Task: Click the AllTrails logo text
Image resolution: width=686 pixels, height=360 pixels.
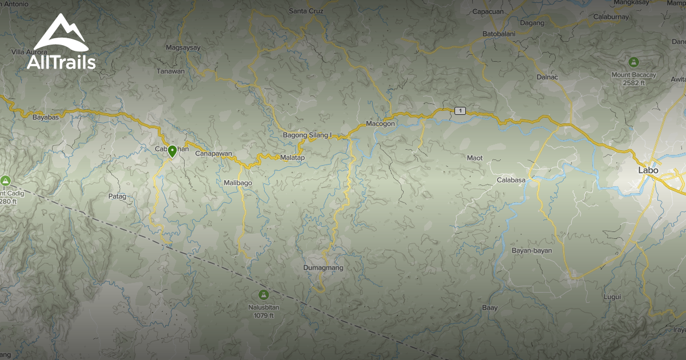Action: [x=61, y=62]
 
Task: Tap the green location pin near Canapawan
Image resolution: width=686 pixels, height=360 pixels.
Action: [x=172, y=151]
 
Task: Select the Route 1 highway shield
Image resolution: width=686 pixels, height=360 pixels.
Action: [x=460, y=110]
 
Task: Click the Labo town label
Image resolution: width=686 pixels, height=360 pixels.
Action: [x=648, y=170]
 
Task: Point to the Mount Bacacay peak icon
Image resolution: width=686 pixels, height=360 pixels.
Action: [x=633, y=62]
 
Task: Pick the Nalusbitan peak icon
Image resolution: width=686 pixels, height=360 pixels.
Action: [x=263, y=295]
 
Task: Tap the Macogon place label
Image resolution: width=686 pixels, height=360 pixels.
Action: [x=380, y=123]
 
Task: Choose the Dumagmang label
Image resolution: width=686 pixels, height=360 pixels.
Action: [x=324, y=267]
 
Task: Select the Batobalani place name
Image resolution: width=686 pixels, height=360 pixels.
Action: [x=498, y=34]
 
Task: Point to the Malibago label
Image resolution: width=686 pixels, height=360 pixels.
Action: [x=238, y=183]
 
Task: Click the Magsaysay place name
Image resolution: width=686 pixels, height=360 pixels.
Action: [x=183, y=48]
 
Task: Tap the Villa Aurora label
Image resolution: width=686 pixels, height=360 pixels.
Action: [x=29, y=52]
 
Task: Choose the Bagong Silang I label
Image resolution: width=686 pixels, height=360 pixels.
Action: [x=307, y=135]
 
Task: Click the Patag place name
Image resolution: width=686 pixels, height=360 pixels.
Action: [x=117, y=196]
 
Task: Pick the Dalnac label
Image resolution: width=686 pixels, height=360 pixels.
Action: [x=547, y=77]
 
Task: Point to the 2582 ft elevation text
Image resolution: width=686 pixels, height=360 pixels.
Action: [x=634, y=83]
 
